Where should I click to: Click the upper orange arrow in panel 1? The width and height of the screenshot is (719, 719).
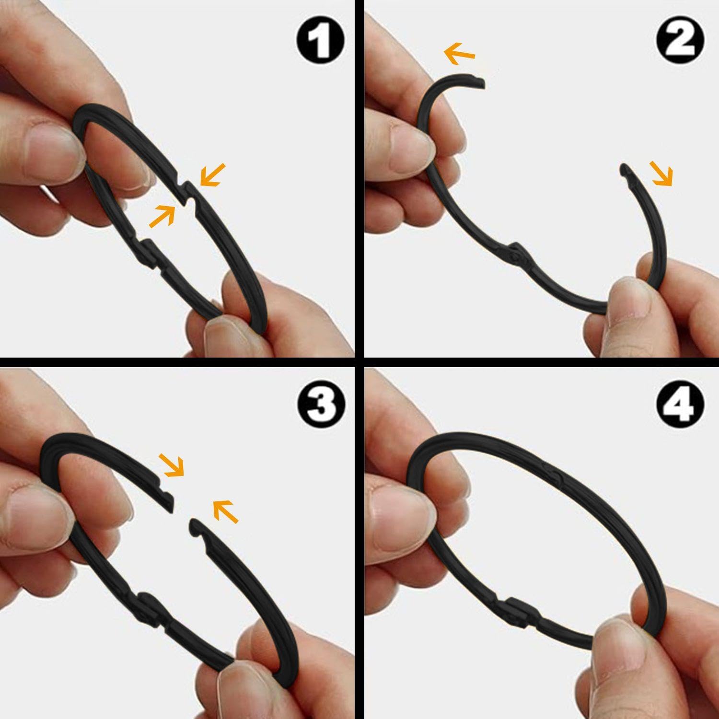(x=212, y=174)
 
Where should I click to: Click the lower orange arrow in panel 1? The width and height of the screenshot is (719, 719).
(x=162, y=216)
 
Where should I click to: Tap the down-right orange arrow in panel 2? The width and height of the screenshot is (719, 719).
(x=661, y=173)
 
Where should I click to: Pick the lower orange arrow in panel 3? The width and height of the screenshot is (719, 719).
(x=225, y=510)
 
